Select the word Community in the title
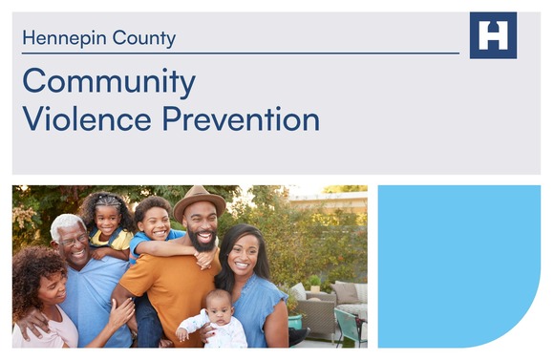pyautogui.click(x=109, y=82)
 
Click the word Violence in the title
pyautogui.click(x=87, y=119)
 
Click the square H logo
pyautogui.click(x=493, y=36)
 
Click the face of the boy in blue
pyautogui.click(x=154, y=222)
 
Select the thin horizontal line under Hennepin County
pyautogui.click(x=239, y=53)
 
